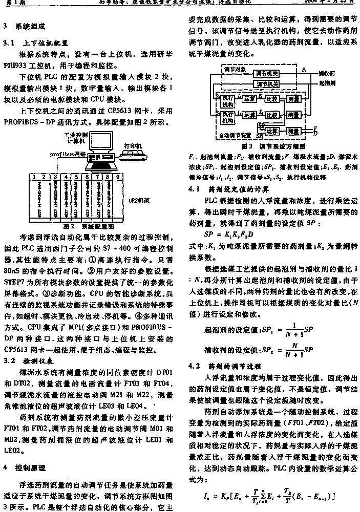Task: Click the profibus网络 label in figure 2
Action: point(67,153)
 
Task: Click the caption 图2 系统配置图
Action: point(88,225)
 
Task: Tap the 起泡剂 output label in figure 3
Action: point(326,82)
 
